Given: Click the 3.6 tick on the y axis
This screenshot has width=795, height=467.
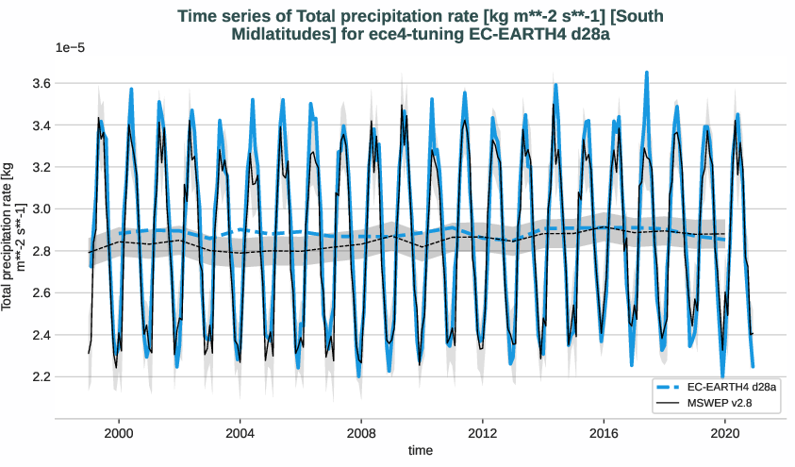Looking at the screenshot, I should pos(66,83).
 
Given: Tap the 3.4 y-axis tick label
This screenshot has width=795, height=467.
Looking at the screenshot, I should pos(66,125).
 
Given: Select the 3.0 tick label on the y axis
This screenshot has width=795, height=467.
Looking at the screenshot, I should pos(66,208).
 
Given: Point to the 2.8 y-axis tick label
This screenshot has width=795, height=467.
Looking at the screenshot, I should pos(66,251).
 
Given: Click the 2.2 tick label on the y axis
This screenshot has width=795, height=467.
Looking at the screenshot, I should pos(66,376).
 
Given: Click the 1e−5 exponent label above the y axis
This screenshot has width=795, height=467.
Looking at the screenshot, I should pos(71,47).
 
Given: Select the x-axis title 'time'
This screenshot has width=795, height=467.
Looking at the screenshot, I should pos(421,451).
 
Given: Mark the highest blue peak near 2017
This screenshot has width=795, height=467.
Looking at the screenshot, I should pos(646,72).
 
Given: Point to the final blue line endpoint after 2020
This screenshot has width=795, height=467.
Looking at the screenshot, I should pos(753,366).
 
